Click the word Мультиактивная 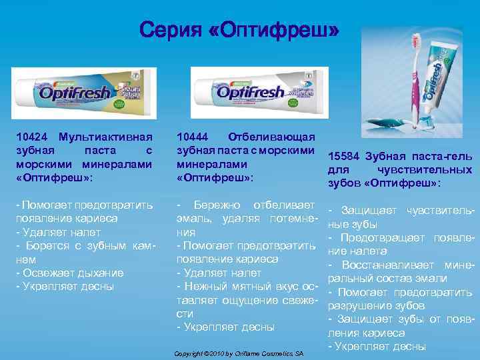click(106, 137)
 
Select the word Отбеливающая click(271, 137)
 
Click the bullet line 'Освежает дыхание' click(70, 273)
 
